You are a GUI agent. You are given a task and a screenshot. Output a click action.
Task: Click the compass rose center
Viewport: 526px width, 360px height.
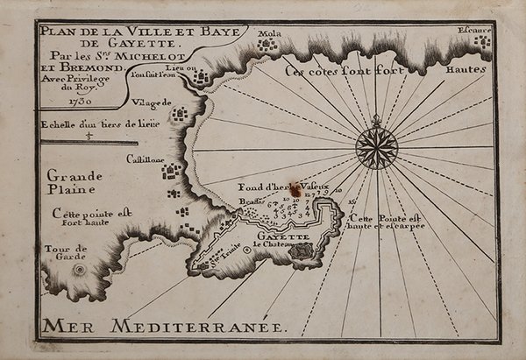coord(376,147)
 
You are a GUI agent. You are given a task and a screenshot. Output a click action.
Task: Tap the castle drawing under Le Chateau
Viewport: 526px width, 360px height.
coord(302,251)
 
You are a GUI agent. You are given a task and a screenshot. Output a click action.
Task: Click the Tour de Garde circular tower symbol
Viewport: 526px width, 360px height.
coord(80,270)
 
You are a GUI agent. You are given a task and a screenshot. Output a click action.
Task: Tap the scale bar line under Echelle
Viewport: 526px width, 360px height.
coord(88,141)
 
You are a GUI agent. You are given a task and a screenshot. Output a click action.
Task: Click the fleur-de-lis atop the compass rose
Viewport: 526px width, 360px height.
coord(376,120)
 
